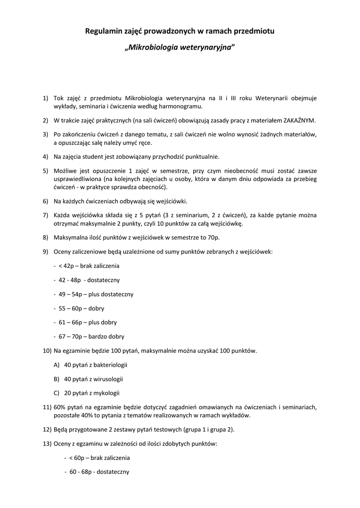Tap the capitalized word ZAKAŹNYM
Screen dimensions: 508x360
(x=297, y=121)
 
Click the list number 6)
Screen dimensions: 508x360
(x=45, y=201)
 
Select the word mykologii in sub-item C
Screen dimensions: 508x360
(x=106, y=393)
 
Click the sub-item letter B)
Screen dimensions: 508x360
(x=57, y=379)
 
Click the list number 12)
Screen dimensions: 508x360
(x=47, y=429)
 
